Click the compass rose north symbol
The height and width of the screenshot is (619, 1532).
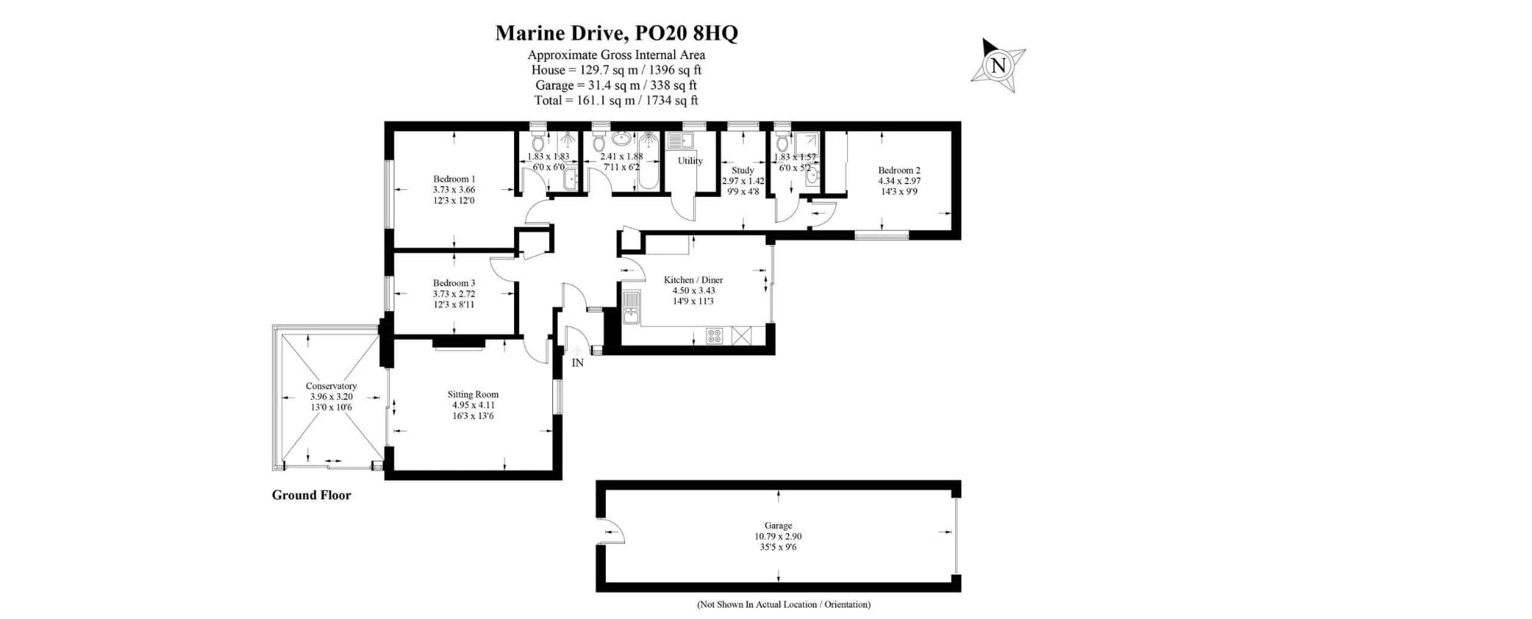pyautogui.click(x=998, y=66)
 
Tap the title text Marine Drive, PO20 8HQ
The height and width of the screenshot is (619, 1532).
pyautogui.click(x=616, y=33)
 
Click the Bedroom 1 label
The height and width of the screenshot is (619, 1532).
pyautogui.click(x=454, y=179)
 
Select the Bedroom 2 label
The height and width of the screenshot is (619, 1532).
pyautogui.click(x=899, y=171)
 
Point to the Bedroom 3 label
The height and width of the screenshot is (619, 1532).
pyautogui.click(x=454, y=283)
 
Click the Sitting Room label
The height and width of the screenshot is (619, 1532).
pyautogui.click(x=473, y=395)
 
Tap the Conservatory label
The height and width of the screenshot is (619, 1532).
pyautogui.click(x=331, y=386)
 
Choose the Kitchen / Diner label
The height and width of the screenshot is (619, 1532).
pyautogui.click(x=693, y=280)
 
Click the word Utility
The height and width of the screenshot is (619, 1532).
pyautogui.click(x=690, y=161)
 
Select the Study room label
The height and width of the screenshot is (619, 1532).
pyautogui.click(x=743, y=171)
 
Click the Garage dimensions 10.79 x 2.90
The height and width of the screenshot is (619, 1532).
pyautogui.click(x=778, y=537)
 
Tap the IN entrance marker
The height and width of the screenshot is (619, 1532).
pyautogui.click(x=578, y=363)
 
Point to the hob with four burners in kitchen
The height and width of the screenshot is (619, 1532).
pyautogui.click(x=714, y=336)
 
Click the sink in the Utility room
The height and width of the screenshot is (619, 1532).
pyautogui.click(x=679, y=141)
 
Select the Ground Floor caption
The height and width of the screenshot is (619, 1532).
pyautogui.click(x=311, y=495)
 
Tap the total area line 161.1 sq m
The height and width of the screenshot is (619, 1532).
pyautogui.click(x=616, y=100)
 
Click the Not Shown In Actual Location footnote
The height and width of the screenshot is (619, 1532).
pyautogui.click(x=784, y=604)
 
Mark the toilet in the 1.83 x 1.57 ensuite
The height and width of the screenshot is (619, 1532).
pyautogui.click(x=782, y=142)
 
